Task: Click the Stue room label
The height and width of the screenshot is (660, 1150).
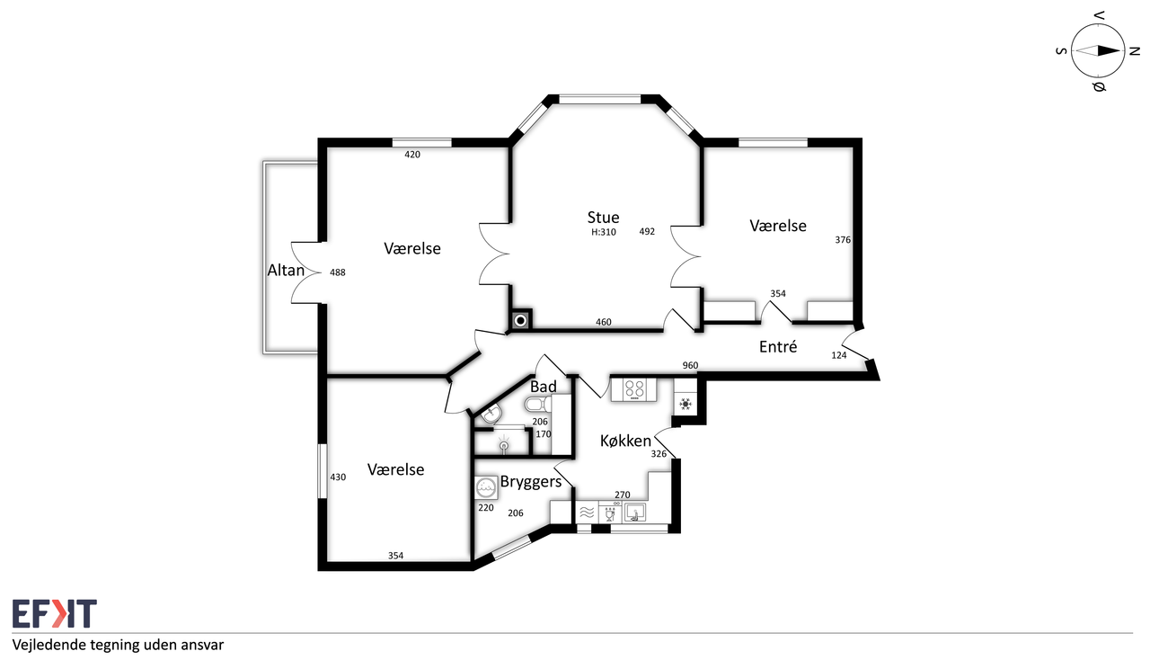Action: (x=603, y=218)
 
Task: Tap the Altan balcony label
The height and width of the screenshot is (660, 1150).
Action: (x=286, y=271)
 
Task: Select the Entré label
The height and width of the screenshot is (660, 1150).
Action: (x=778, y=347)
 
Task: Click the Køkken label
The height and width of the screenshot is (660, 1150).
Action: (x=625, y=441)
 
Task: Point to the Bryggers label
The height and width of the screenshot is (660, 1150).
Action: (x=531, y=482)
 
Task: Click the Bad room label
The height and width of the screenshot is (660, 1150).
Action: (x=544, y=387)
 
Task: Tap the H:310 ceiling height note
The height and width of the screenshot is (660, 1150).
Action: (x=603, y=232)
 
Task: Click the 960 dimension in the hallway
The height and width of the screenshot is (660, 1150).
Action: (x=690, y=365)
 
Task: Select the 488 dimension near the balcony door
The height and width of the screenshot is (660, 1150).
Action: (x=337, y=272)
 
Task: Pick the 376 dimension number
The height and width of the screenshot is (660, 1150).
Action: (x=843, y=239)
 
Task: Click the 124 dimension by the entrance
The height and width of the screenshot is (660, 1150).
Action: (x=838, y=354)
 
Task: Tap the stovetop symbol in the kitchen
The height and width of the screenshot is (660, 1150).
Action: (x=634, y=389)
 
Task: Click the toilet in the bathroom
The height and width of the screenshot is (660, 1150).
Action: (x=537, y=405)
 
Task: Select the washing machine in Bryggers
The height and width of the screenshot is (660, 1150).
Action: (x=486, y=487)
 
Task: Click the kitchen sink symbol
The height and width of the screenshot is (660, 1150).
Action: (x=634, y=513)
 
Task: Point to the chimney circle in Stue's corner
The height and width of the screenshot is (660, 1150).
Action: (x=520, y=321)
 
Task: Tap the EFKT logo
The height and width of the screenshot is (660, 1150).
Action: (x=55, y=613)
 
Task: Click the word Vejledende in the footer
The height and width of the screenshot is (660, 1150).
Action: (x=49, y=646)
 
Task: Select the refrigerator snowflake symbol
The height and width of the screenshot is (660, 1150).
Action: (x=685, y=405)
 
